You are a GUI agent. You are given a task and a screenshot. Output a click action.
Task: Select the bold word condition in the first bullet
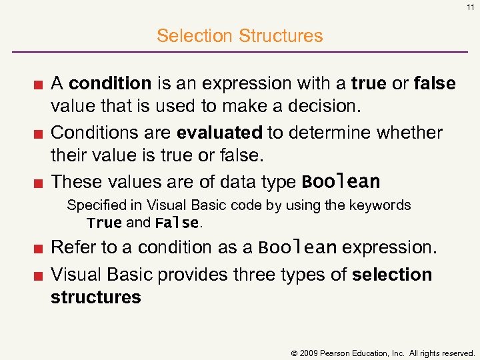110,83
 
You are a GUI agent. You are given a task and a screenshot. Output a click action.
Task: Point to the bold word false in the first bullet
435,83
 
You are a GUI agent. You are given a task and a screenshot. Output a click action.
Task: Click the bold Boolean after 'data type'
341,182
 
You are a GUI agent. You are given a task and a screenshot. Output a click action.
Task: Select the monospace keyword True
104,223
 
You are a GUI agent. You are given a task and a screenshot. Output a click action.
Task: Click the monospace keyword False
177,223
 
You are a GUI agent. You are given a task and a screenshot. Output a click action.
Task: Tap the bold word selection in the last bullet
392,275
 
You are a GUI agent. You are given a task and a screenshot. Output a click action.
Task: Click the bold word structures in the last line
96,297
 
